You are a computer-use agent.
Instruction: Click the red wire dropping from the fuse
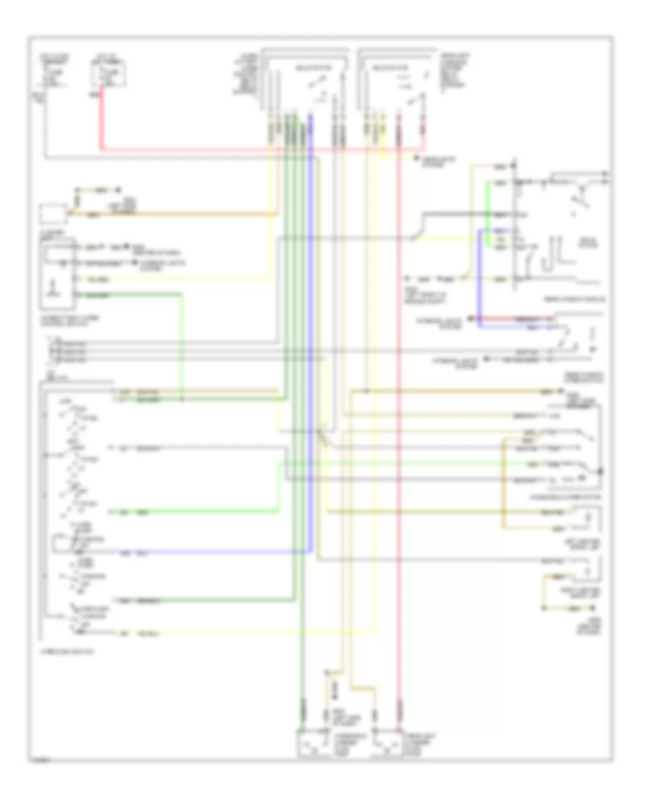99,123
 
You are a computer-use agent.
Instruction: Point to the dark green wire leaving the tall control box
145,295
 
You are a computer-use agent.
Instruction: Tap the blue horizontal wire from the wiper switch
218,551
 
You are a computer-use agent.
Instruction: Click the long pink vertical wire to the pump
398,435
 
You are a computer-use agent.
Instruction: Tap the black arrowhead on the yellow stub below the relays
416,157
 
